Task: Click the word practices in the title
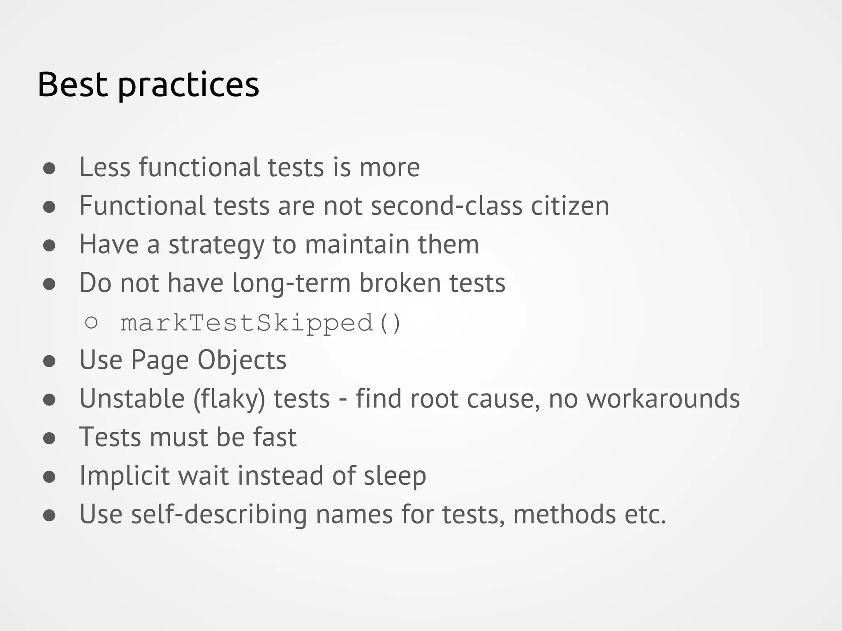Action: (x=189, y=85)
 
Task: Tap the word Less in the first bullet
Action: (x=105, y=167)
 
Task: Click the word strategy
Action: (x=216, y=245)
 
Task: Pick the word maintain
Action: (x=357, y=244)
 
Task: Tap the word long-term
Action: (x=291, y=283)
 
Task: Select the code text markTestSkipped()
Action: (x=261, y=323)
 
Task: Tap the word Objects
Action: (x=242, y=360)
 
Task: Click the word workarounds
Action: (x=663, y=398)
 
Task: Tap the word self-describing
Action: (x=219, y=514)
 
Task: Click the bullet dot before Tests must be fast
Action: (x=49, y=438)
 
